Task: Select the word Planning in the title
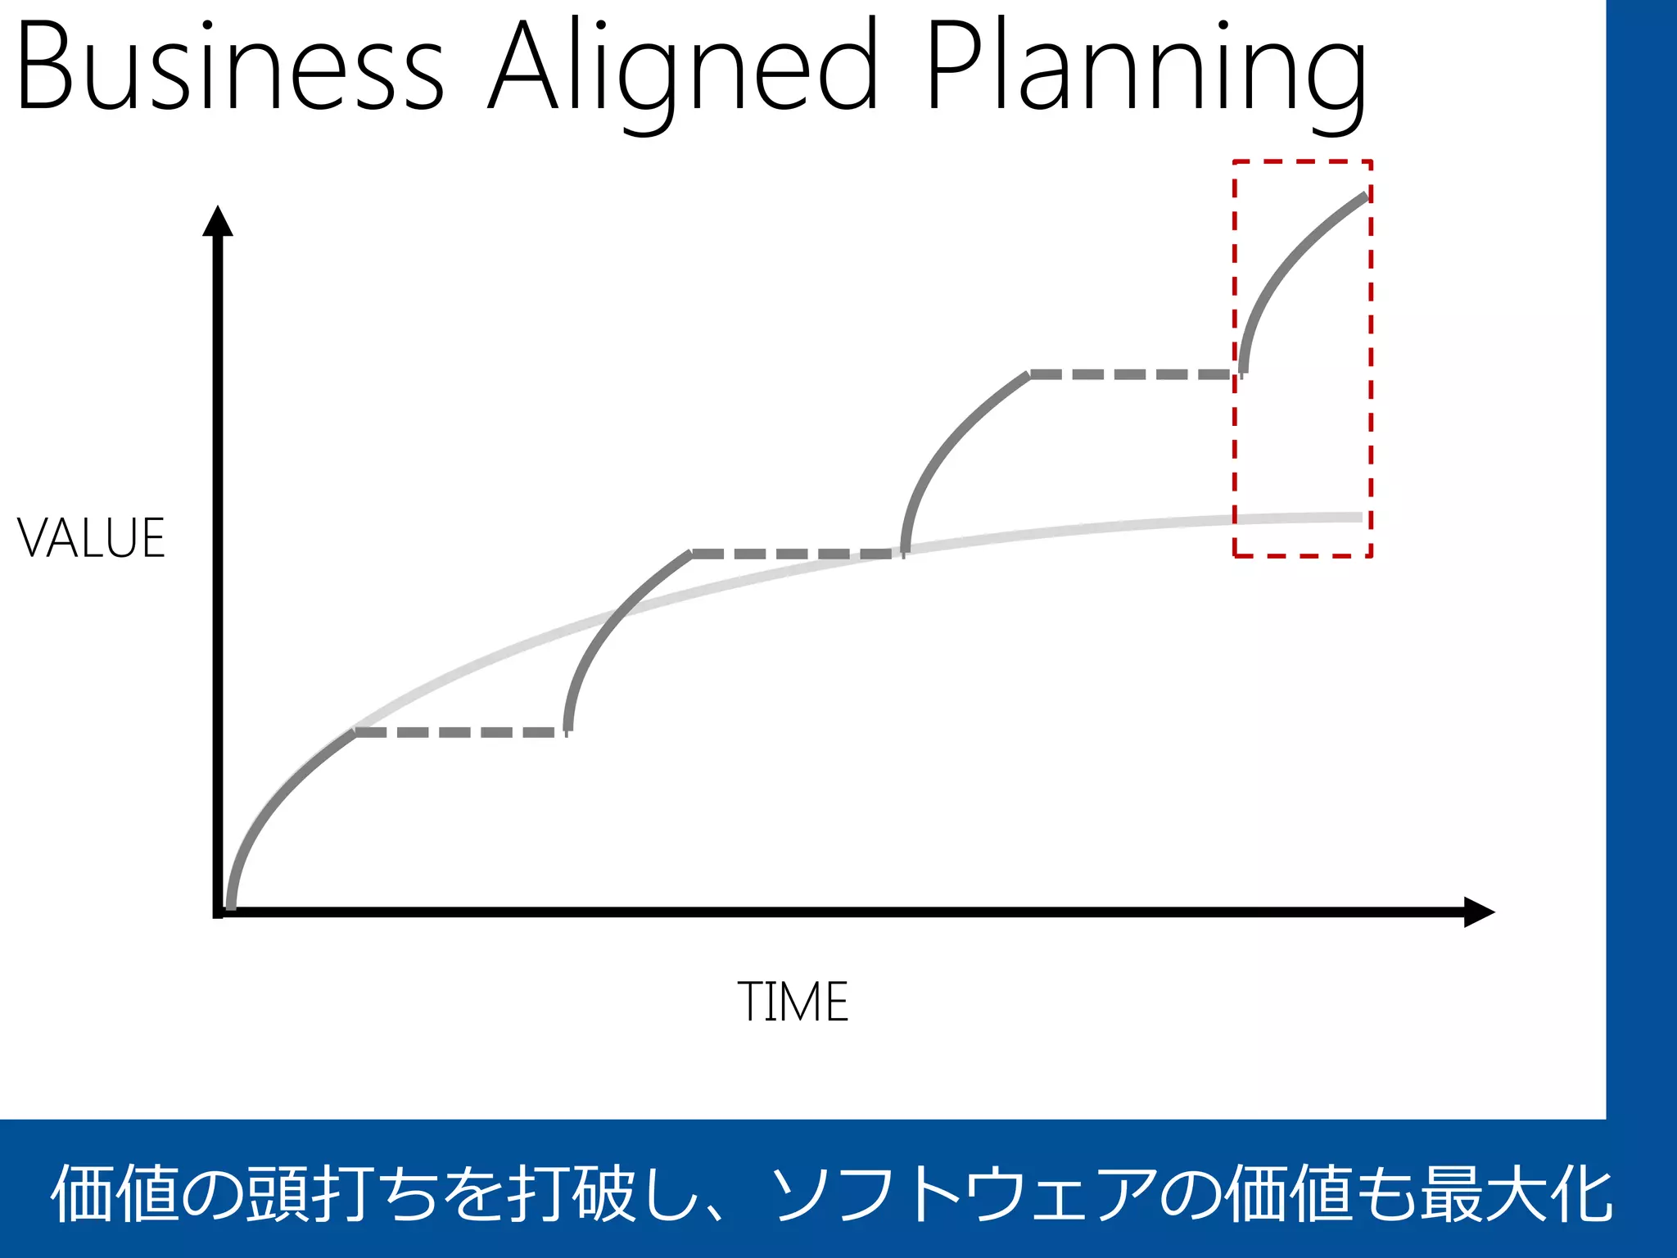pos(1146,70)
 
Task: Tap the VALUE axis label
pos(91,539)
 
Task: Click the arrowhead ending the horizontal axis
pos(1478,912)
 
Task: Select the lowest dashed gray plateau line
pos(460,731)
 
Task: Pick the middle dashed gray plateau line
pos(796,554)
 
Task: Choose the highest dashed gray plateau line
pos(1132,374)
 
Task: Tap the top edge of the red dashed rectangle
pos(1302,161)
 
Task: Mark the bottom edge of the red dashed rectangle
pos(1302,556)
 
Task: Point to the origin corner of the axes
pos(219,912)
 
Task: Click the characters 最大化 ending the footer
pos(1515,1194)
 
